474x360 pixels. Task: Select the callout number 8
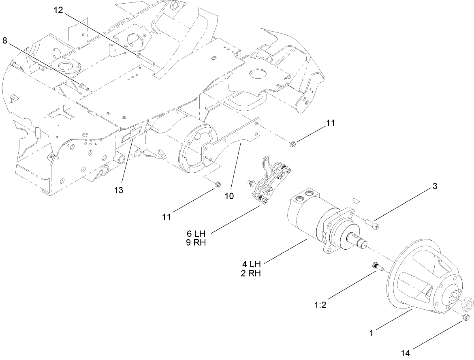click(x=5, y=41)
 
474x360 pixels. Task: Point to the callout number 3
click(x=435, y=186)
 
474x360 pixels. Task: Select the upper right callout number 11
click(x=331, y=123)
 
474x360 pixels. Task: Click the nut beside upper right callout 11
click(x=293, y=143)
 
